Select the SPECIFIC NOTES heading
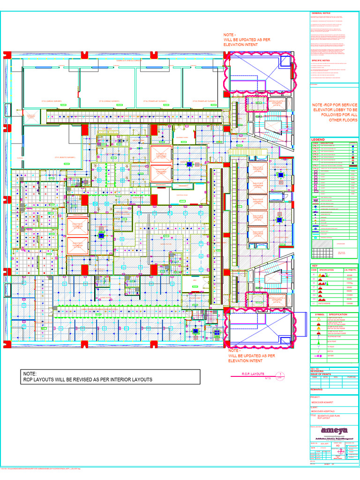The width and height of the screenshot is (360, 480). tap(321, 60)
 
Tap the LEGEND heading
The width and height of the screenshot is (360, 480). tap(319, 140)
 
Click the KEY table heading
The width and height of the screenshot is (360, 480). tap(315, 266)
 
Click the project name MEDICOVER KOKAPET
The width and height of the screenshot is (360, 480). tap(323, 402)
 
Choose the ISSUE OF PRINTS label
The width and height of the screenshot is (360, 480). tap(321, 374)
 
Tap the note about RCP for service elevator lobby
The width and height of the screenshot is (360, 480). tap(335, 112)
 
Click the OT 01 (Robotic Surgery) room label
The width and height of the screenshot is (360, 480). tap(66, 157)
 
